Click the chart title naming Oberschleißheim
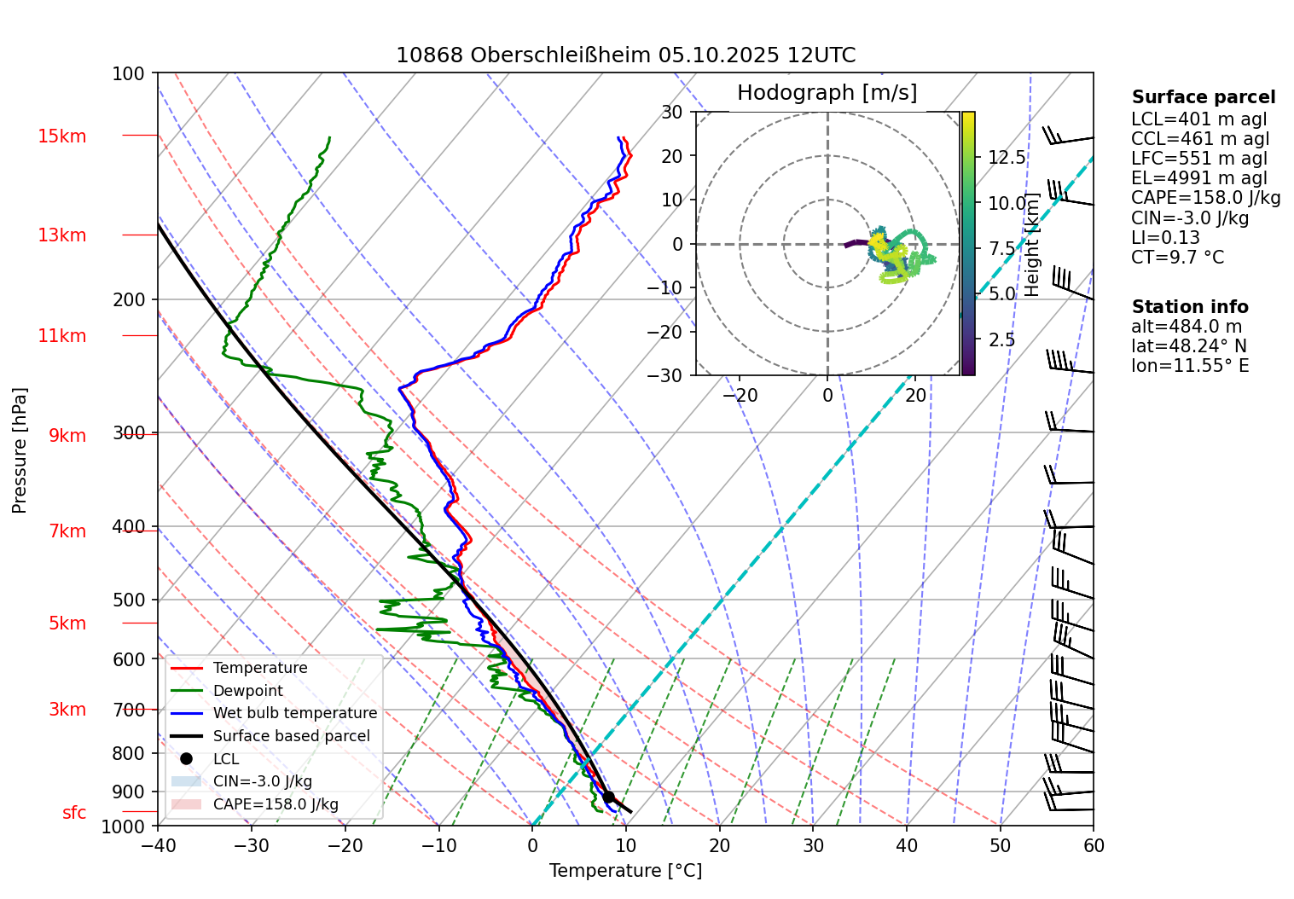625,56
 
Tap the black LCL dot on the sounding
608,797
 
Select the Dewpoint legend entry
247,691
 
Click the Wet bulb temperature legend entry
294,713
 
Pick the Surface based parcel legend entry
291,736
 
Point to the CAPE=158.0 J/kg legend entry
275,804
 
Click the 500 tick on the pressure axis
129,600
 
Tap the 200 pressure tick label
129,300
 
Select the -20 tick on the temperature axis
345,845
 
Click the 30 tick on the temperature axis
813,845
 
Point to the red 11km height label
61,336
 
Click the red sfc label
74,813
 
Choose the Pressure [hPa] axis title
20,450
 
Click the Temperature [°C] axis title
625,871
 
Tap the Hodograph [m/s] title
827,93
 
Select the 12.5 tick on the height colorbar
1007,158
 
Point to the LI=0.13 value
1165,238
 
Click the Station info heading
1190,307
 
